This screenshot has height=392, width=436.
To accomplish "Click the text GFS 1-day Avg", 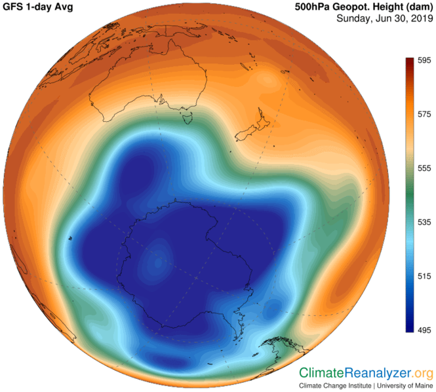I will tap(38, 7).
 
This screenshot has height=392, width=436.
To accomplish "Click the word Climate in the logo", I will tap(321, 373).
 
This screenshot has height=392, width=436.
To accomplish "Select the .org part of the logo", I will tap(422, 373).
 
